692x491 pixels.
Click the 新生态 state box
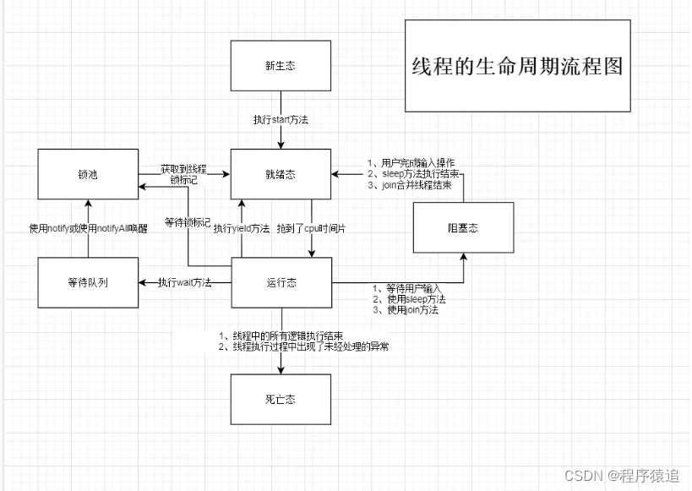pos(281,66)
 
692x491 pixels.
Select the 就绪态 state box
pos(281,175)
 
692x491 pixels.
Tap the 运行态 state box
pos(281,282)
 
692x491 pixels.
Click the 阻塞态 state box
pos(463,227)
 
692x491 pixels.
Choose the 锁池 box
pos(88,175)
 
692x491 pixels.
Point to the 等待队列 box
pos(88,282)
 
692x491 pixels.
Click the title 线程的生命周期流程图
pos(516,67)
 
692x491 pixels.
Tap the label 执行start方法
pos(281,120)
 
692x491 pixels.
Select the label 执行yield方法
pos(242,228)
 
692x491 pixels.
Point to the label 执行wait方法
pos(185,282)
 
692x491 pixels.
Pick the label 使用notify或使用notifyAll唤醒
pos(88,228)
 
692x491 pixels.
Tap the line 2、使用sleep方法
pos(409,300)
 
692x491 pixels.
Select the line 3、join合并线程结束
pos(409,184)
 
